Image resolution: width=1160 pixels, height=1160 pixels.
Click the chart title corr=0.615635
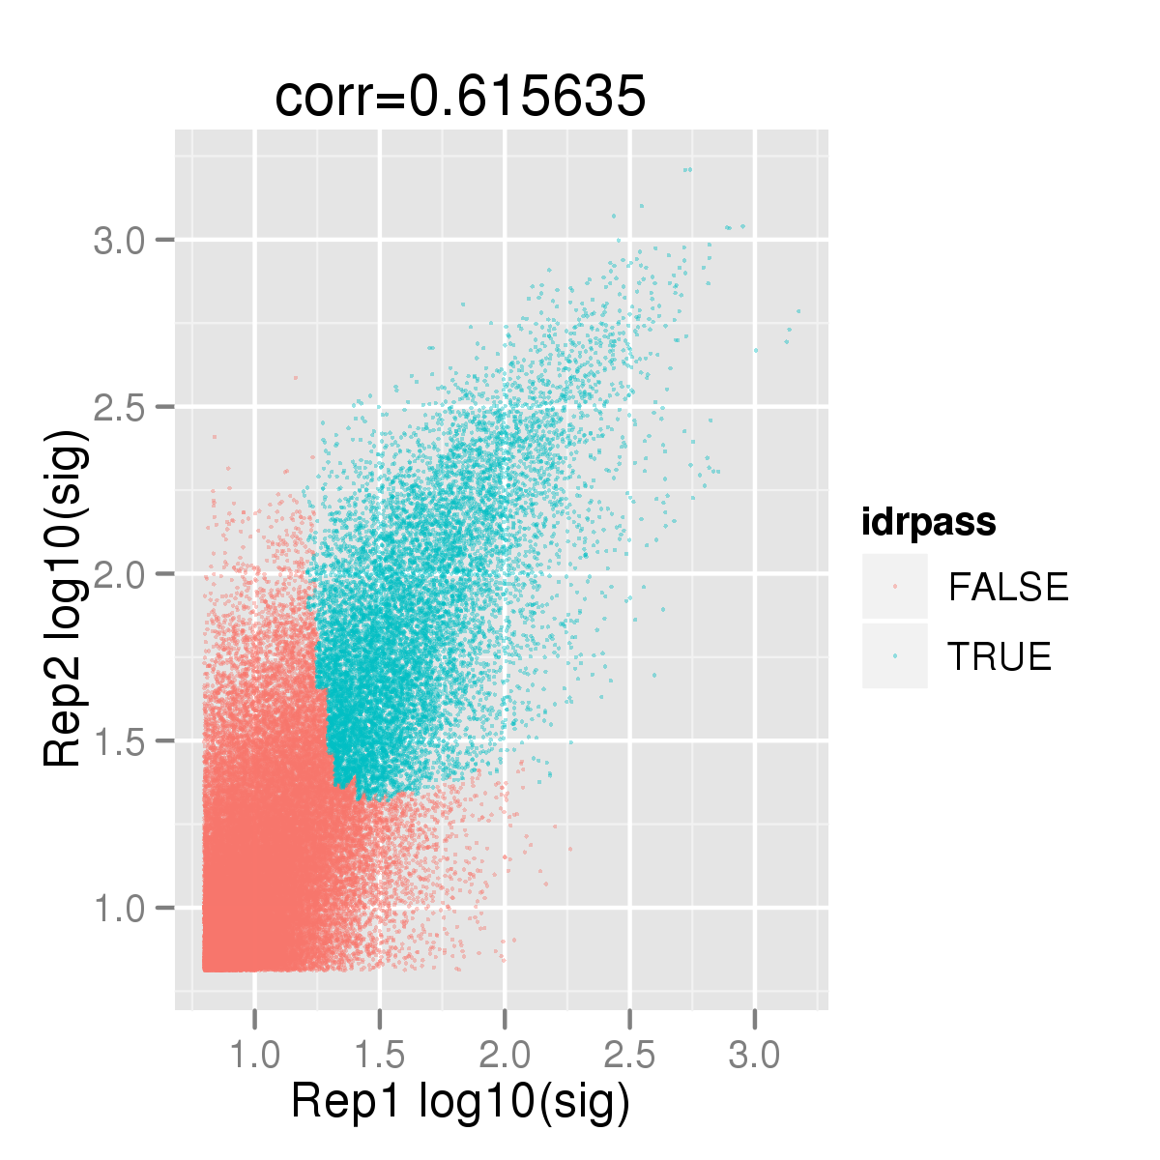click(460, 97)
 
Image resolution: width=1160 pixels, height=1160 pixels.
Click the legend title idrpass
click(929, 522)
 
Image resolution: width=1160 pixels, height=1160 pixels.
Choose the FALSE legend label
click(1007, 587)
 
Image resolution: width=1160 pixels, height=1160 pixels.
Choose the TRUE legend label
click(1000, 656)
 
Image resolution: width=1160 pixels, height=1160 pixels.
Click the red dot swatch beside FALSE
click(894, 587)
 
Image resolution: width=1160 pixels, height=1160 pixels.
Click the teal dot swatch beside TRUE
click(894, 655)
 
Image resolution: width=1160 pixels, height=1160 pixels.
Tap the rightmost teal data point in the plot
click(798, 311)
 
